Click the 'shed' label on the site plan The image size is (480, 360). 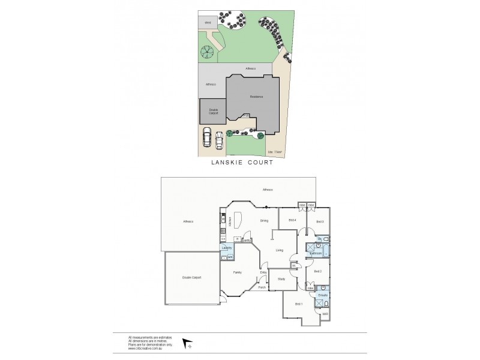(x=208, y=23)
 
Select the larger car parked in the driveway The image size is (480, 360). (x=207, y=137)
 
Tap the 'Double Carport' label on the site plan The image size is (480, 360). (x=213, y=111)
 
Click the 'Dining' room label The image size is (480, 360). (x=264, y=220)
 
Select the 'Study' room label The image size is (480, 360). (x=281, y=278)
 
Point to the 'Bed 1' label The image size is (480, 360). (x=299, y=304)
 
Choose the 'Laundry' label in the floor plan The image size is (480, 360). (x=226, y=248)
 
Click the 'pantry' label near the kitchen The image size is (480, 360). (x=246, y=240)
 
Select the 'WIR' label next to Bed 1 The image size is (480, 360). (x=325, y=314)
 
